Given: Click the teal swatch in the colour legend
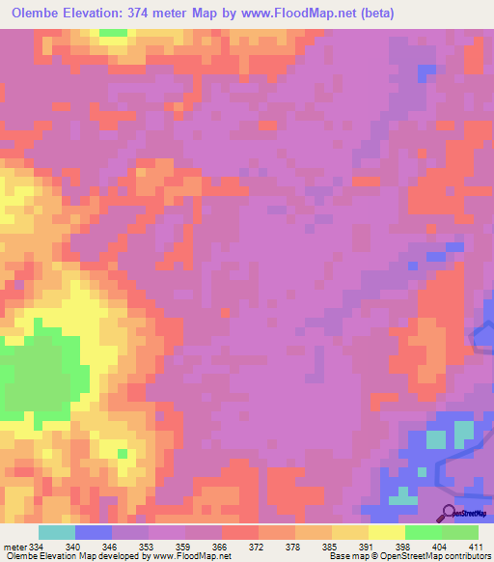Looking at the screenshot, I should coord(57,532).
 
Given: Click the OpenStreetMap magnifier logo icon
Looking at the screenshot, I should coord(450,514).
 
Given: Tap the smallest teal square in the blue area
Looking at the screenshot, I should coord(422,472).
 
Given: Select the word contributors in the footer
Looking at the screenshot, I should coord(466,556).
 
